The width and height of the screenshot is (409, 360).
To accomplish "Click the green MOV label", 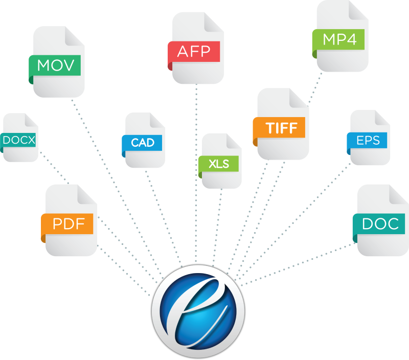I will coord(56,65).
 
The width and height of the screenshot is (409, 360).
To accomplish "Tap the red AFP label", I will coord(194,52).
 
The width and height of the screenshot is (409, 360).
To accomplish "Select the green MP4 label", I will coord(339,39).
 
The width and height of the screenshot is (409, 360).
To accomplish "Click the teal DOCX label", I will coord(19,139).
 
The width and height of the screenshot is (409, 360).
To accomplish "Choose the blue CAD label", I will coord(143,143).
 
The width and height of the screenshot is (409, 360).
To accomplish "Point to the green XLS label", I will coord(219,164).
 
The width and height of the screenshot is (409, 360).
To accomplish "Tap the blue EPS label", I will coord(368,140).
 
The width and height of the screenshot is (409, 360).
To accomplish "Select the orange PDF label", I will coord(68,224).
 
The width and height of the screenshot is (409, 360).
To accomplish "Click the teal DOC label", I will coord(380,223).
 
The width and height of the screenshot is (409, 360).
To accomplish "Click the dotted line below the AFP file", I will coord(196,169).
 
